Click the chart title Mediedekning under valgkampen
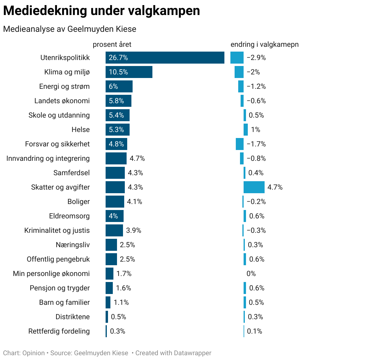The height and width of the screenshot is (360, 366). pyautogui.click(x=101, y=11)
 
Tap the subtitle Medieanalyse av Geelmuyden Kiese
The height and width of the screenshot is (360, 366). pyautogui.click(x=70, y=29)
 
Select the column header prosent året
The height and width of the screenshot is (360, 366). pyautogui.click(x=112, y=44)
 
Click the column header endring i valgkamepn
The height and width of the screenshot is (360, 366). pyautogui.click(x=264, y=44)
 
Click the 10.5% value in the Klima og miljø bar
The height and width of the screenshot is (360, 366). pyautogui.click(x=118, y=72)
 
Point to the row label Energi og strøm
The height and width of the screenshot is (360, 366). pyautogui.click(x=64, y=86)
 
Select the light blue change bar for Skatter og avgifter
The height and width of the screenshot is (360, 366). pyautogui.click(x=254, y=187)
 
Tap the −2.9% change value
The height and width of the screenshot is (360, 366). pyautogui.click(x=256, y=58)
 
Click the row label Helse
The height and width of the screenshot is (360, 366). pyautogui.click(x=80, y=130)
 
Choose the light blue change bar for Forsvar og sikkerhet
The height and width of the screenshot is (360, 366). pyautogui.click(x=239, y=144)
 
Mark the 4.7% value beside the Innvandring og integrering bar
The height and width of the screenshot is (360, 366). pyautogui.click(x=137, y=158)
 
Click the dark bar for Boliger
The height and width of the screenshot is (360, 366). pyautogui.click(x=115, y=202)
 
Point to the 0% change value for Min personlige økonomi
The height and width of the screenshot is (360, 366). pyautogui.click(x=251, y=274)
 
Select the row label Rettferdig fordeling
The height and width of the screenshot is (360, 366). pyautogui.click(x=59, y=331)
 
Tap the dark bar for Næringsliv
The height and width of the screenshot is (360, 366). pyautogui.click(x=111, y=245)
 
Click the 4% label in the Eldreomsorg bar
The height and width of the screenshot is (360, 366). pyautogui.click(x=113, y=216)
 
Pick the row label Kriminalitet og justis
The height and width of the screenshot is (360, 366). pyautogui.click(x=57, y=230)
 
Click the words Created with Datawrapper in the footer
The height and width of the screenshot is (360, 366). pyautogui.click(x=173, y=353)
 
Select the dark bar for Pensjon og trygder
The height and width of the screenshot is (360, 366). pyautogui.click(x=109, y=288)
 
